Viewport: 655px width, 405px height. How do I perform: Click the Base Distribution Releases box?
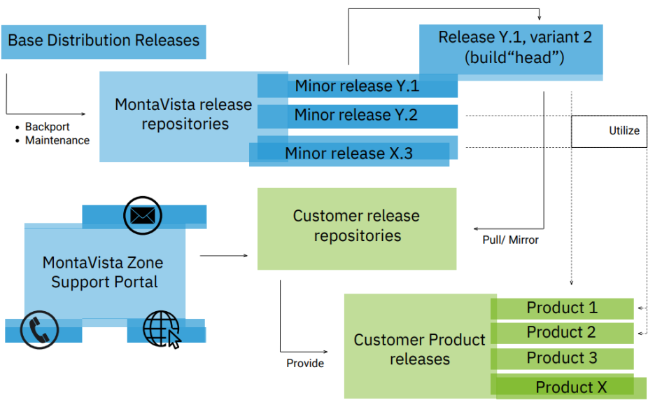104,41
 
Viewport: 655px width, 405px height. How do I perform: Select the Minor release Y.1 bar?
357,85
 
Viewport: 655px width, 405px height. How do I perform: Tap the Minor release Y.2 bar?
357,116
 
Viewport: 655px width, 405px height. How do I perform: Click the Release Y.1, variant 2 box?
511,49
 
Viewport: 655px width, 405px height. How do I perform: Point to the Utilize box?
609,131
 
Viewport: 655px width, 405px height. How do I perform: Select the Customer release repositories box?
357,228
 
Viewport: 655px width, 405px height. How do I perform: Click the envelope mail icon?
143,216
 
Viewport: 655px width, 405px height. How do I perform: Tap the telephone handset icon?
39,330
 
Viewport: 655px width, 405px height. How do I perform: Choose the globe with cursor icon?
162,330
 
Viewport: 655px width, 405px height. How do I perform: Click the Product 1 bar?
562,308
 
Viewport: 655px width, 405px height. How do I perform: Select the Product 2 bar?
562,333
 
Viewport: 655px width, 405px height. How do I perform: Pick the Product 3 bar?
562,359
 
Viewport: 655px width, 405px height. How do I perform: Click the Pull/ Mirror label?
510,240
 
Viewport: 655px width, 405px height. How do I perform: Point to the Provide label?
305,363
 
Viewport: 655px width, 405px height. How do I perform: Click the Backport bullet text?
47,127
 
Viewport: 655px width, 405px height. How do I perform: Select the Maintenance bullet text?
57,140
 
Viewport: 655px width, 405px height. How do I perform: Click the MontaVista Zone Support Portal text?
103,272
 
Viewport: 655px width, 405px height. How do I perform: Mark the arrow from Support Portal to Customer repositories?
224,255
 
